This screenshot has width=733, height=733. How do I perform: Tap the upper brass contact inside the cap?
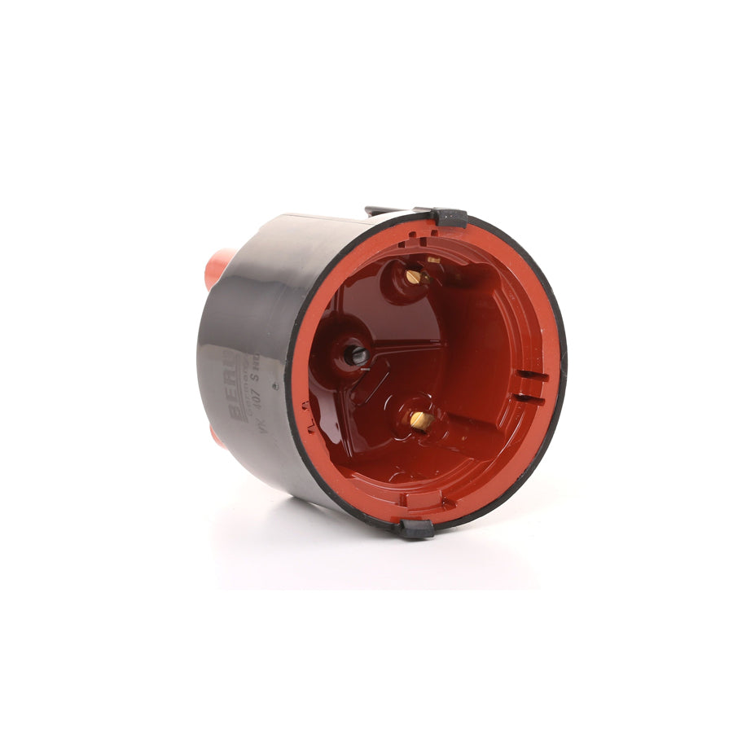[x=414, y=277]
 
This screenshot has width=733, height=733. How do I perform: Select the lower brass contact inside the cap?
[x=420, y=419]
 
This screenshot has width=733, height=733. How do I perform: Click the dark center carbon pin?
[x=356, y=354]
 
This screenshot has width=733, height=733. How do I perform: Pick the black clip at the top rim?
[x=449, y=217]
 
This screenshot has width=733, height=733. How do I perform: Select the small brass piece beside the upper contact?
[x=433, y=261]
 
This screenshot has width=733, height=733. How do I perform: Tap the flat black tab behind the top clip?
[x=383, y=211]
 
